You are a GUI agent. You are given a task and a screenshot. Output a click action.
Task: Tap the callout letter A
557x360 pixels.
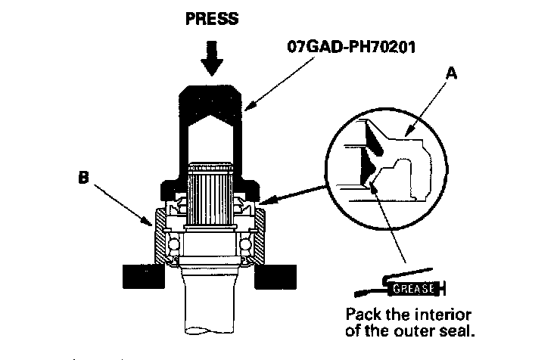[x=453, y=73]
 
